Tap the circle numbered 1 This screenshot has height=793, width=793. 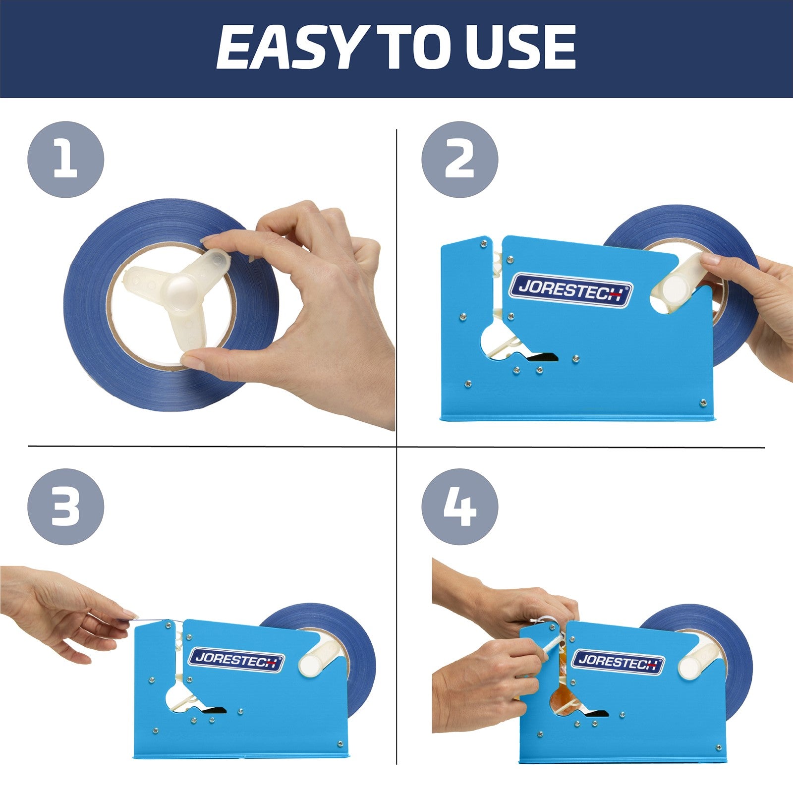pyautogui.click(x=65, y=160)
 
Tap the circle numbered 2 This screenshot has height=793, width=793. pyautogui.click(x=459, y=160)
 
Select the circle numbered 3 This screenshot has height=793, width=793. pyautogui.click(x=65, y=507)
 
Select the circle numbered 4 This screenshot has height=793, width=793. pyautogui.click(x=459, y=507)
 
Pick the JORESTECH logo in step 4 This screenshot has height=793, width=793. pyautogui.click(x=618, y=661)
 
